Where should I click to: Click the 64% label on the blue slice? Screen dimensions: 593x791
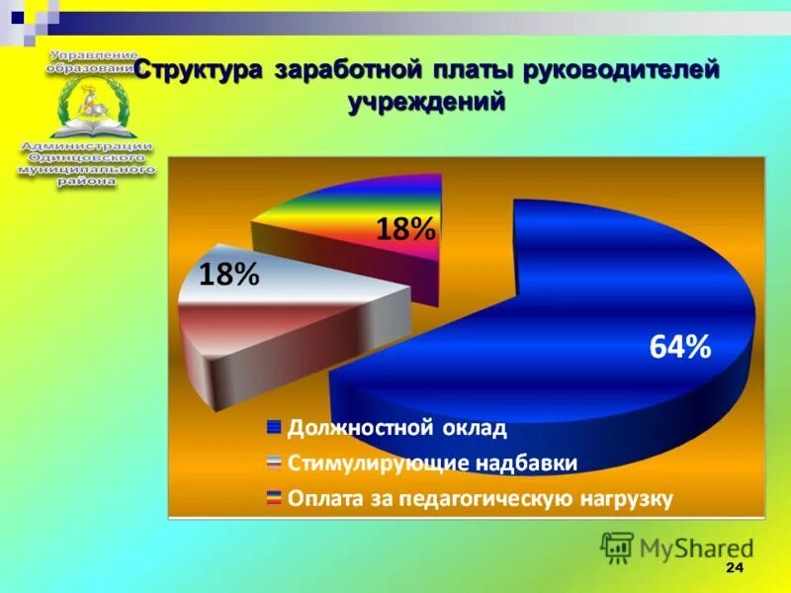click(x=679, y=347)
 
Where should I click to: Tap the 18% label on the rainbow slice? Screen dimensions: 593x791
click(x=405, y=229)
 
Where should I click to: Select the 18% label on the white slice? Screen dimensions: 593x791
click(x=229, y=275)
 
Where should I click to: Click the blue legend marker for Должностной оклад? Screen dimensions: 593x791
click(x=274, y=428)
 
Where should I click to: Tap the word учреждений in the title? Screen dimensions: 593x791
click(x=426, y=102)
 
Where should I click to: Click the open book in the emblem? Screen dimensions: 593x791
click(x=87, y=125)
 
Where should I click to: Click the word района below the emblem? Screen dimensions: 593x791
click(x=87, y=183)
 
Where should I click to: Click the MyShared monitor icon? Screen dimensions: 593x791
click(x=617, y=547)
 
